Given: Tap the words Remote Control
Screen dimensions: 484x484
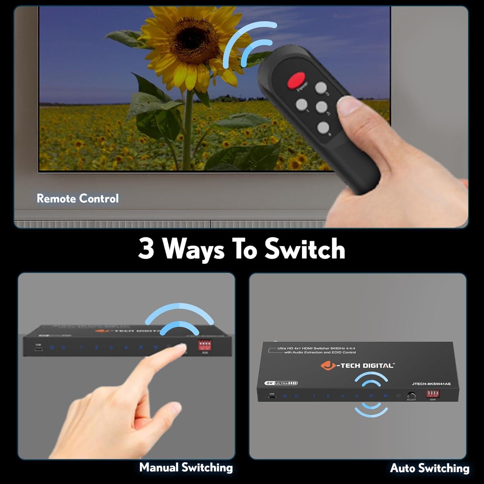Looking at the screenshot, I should point(78,198).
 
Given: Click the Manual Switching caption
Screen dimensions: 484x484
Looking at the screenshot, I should point(186,467).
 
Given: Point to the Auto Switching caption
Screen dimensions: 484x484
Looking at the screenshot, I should point(429,468).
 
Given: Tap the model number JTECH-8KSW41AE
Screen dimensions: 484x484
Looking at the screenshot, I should point(431,384).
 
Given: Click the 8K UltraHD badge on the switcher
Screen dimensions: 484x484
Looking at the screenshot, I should point(281,383).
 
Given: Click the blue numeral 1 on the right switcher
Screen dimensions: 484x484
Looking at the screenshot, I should point(313,396).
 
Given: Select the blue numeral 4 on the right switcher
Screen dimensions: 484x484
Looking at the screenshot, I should point(357,396).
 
